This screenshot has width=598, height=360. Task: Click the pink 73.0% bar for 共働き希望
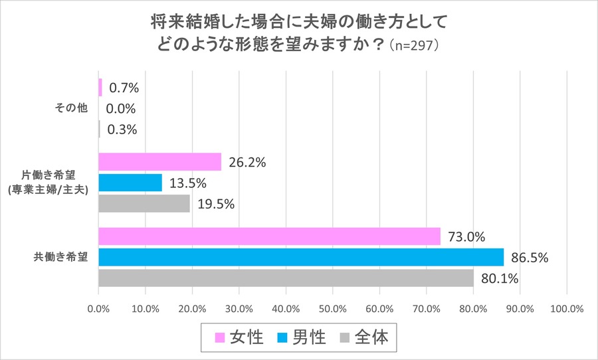click(269, 236)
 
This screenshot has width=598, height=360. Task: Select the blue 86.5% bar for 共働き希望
click(301, 257)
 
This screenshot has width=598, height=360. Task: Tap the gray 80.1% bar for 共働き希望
click(286, 278)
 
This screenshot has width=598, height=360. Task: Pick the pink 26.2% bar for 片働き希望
click(159, 162)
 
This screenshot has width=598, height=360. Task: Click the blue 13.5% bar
click(130, 183)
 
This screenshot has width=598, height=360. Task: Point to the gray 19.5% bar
click(144, 203)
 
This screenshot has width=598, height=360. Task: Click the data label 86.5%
click(530, 258)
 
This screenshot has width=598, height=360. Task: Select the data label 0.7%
click(123, 88)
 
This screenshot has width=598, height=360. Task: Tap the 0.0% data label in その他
click(121, 109)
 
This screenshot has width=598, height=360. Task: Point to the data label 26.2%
click(247, 162)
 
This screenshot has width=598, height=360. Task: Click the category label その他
click(66, 108)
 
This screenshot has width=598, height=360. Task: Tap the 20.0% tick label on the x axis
click(192, 309)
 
